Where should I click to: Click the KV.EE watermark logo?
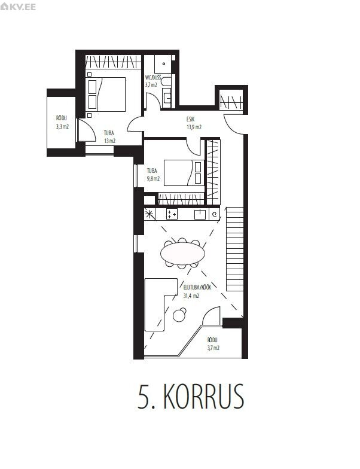18,6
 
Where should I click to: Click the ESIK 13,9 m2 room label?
194,123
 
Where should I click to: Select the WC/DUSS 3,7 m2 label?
152,81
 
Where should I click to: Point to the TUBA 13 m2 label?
109,137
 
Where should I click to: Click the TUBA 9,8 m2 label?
153,175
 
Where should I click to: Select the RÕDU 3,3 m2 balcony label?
62,122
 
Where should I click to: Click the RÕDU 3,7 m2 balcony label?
213,343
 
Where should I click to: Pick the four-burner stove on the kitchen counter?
172,214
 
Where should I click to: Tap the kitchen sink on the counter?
200,214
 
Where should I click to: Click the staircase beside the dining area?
234,249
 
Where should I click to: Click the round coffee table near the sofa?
179,315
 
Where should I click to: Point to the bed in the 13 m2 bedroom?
106,95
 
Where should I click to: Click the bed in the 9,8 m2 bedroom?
184,173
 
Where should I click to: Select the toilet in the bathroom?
166,82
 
